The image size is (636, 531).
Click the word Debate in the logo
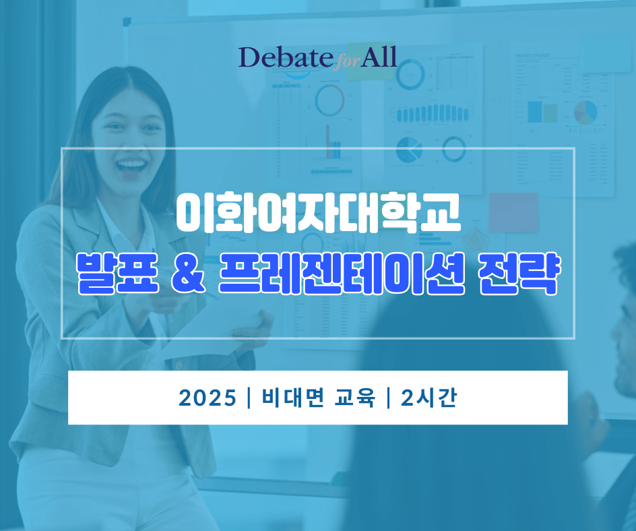coord(286,57)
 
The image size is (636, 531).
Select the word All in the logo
coord(379,57)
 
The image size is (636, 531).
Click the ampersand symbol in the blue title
coord(187,275)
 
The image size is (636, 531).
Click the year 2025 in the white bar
coord(208,398)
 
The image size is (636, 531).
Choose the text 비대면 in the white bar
coord(293,397)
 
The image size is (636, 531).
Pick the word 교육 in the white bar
coord(354,397)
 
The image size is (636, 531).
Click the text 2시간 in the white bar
coord(429,397)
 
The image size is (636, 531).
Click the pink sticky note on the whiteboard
coord(513,212)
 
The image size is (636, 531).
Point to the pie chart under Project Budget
coord(585,113)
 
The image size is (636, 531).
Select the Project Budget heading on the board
coord(533,55)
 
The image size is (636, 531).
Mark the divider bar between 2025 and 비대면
coord(249,398)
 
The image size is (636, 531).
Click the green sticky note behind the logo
coord(371,61)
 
